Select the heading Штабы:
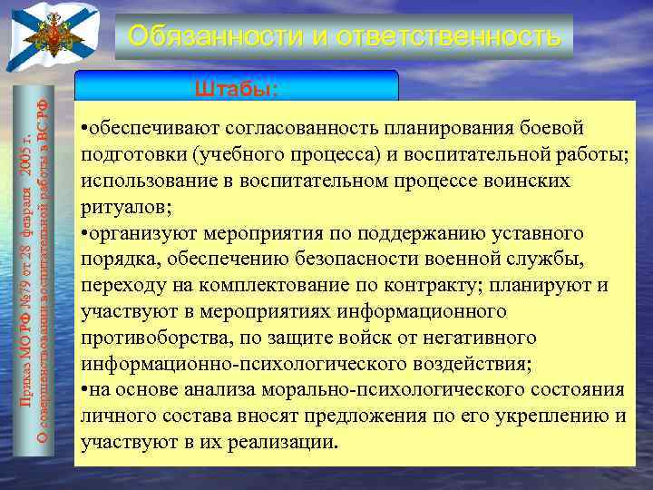click(236, 89)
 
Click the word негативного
click(473, 338)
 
